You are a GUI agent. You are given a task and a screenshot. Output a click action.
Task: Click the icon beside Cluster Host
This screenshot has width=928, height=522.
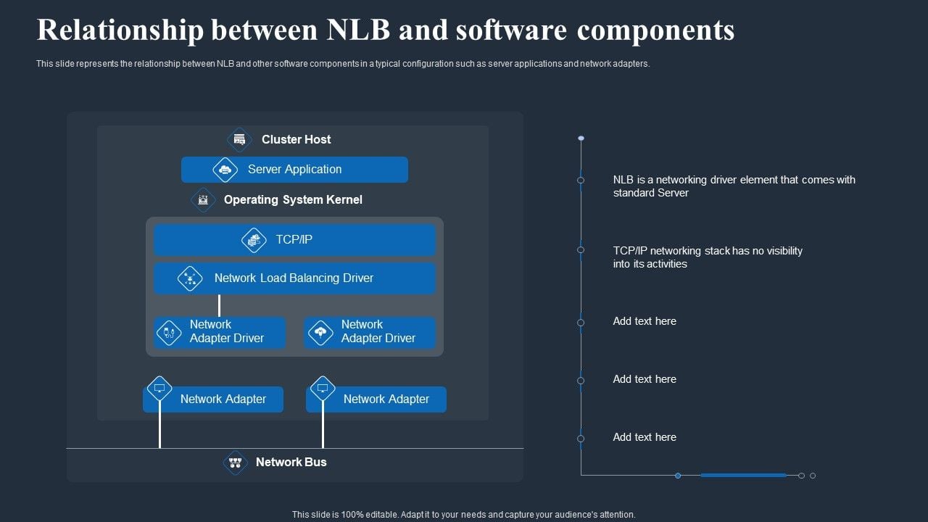(239, 139)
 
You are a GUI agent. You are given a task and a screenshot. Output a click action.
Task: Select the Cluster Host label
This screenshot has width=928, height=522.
(296, 139)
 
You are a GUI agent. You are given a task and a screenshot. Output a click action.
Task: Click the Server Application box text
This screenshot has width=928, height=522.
(294, 170)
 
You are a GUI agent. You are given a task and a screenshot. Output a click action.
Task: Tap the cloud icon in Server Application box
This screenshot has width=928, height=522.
(225, 170)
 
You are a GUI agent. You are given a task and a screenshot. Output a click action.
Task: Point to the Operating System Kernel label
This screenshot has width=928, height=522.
(293, 199)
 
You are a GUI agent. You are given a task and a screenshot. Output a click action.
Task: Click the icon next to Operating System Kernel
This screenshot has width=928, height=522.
(203, 199)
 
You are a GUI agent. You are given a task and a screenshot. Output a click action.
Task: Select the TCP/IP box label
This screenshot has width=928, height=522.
(294, 239)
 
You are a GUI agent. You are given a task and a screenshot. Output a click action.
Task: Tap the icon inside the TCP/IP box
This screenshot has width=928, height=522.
(254, 240)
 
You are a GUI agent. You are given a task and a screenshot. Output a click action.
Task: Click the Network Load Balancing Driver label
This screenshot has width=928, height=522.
(294, 278)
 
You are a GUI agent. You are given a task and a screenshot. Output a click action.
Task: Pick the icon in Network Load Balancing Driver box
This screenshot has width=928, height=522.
(190, 278)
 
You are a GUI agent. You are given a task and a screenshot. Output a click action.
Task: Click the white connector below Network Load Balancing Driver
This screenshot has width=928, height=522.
(219, 305)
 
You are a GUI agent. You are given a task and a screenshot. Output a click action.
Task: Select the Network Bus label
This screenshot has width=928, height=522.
(291, 462)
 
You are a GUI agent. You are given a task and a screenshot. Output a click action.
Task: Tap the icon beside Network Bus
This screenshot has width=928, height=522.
(235, 462)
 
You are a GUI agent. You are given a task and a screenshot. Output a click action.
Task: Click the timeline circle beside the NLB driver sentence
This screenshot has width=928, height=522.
(581, 180)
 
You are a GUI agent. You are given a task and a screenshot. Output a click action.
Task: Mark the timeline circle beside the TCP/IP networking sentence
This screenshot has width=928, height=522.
(581, 250)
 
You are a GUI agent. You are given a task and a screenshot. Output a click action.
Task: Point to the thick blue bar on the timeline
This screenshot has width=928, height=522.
(743, 476)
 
